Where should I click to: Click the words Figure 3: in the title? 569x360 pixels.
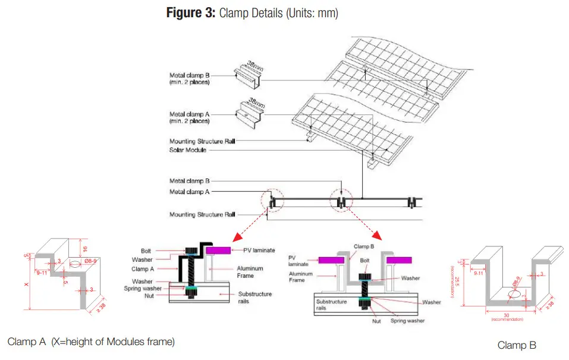190,13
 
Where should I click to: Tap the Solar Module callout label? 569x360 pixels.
188,149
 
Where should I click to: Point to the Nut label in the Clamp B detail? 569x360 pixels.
376,321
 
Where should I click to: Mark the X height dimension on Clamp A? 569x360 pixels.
27,285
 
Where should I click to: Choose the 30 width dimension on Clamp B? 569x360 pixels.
507,315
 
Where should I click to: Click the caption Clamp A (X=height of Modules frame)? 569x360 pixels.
91,341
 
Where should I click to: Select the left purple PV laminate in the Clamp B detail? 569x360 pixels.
333,259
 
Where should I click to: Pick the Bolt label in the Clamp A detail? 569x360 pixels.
146,251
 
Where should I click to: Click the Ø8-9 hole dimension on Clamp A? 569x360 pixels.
91,260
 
